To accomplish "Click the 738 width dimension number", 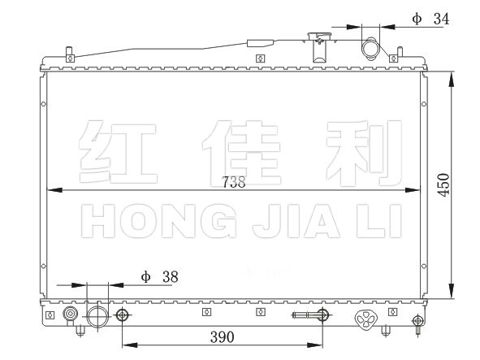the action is point(234,182).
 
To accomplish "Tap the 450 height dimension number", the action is point(443,184).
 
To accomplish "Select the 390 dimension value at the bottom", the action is point(223,337).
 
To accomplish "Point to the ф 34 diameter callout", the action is point(430,19).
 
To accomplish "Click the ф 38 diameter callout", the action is point(159,277).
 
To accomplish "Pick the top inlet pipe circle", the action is point(370,49).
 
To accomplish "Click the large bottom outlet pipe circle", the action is point(97,316).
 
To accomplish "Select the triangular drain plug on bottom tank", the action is point(365,319).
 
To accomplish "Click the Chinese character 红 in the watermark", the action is point(118,152).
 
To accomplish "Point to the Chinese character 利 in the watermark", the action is point(364,153).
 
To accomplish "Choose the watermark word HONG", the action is point(159,221).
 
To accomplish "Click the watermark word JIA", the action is point(296,221).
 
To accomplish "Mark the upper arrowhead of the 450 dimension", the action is point(452,80).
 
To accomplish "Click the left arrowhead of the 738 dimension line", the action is point(54,190).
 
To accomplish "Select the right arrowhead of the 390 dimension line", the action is point(314,345).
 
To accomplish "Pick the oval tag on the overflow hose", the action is point(260,43).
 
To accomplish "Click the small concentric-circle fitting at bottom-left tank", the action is point(70,314).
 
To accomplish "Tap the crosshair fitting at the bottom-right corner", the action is point(417,321).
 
